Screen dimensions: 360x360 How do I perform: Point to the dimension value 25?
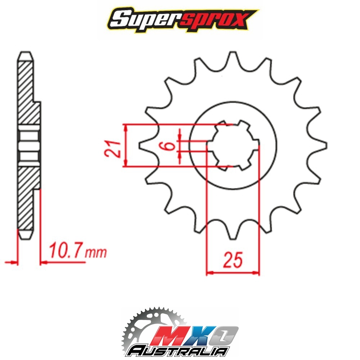(233, 260)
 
